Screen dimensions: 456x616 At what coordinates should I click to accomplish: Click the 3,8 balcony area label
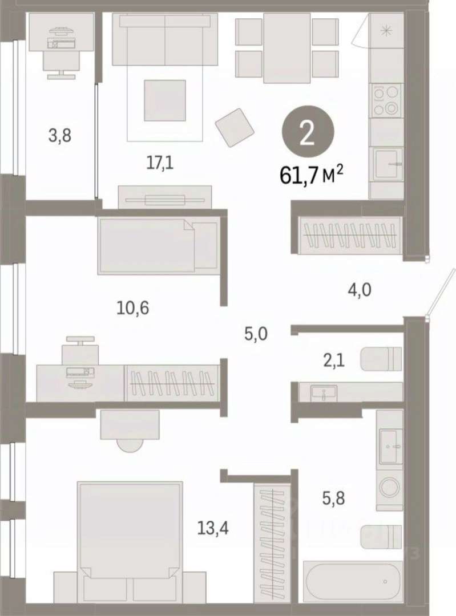(x=60, y=136)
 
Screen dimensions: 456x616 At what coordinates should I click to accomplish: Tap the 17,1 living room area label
(x=160, y=163)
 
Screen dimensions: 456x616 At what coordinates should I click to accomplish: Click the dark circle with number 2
(x=308, y=133)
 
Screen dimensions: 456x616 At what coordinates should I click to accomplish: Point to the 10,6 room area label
(x=133, y=308)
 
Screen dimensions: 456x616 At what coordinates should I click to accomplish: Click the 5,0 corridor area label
(x=256, y=334)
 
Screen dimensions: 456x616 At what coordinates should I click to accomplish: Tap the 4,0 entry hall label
(x=360, y=291)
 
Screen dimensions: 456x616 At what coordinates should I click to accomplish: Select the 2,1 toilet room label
(x=334, y=360)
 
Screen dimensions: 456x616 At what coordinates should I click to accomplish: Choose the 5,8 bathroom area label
(x=333, y=498)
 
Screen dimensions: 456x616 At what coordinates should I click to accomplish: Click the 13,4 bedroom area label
(x=213, y=528)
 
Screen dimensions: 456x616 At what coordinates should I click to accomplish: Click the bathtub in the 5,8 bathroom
(x=353, y=581)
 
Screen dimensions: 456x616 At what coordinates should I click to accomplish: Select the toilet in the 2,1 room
(x=381, y=359)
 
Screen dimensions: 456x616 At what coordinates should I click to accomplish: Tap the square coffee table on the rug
(x=165, y=100)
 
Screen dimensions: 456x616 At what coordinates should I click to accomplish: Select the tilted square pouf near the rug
(x=235, y=127)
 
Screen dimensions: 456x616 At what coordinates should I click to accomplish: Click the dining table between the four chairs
(x=287, y=48)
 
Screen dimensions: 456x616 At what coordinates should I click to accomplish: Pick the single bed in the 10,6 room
(x=159, y=246)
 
